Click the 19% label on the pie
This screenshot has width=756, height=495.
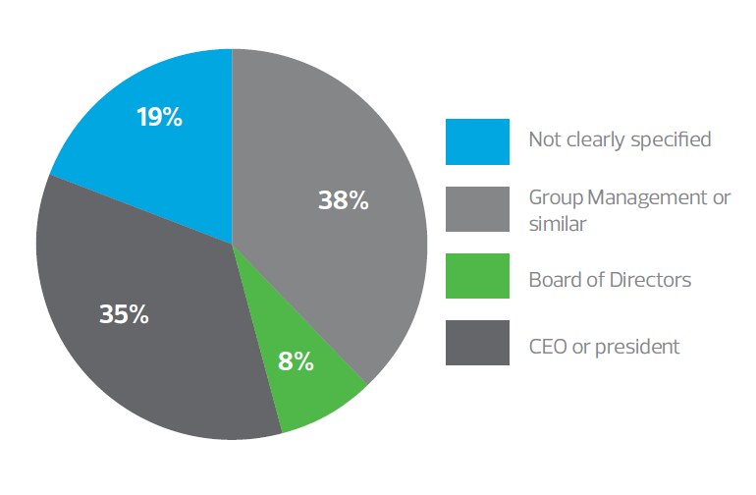point(159,118)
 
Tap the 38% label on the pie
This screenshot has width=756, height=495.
point(343,200)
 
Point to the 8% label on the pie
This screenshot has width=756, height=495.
point(296,360)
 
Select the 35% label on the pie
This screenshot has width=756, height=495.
point(124,314)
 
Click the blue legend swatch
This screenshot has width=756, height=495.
point(477,141)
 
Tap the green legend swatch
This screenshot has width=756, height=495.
point(477,276)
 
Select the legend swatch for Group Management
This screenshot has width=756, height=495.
point(477,209)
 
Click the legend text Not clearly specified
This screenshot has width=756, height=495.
point(620,139)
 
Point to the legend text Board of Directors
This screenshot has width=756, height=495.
point(610,280)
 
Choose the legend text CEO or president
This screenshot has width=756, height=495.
point(604,346)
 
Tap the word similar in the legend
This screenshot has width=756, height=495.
point(557,224)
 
